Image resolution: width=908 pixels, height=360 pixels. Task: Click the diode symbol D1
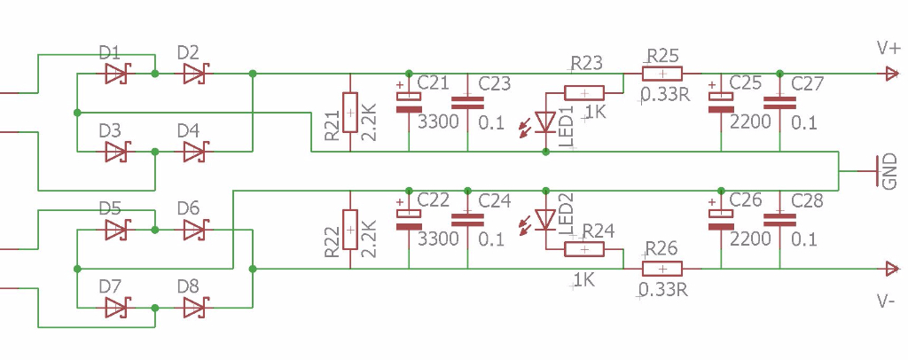pyautogui.click(x=116, y=75)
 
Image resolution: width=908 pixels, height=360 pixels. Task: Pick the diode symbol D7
pyautogui.click(x=116, y=308)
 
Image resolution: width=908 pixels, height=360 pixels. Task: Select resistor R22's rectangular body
pyautogui.click(x=350, y=230)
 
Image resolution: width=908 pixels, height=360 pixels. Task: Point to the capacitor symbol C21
pyautogui.click(x=408, y=102)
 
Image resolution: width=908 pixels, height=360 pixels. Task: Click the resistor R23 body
pyautogui.click(x=584, y=92)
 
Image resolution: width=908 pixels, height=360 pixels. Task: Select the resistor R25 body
pyautogui.click(x=662, y=74)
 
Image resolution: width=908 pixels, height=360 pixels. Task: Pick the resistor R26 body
pyautogui.click(x=662, y=269)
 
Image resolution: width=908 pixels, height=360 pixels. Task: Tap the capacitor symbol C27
pyautogui.click(x=780, y=102)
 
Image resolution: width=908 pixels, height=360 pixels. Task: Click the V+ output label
pyautogui.click(x=887, y=48)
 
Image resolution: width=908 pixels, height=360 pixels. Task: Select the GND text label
pyautogui.click(x=889, y=173)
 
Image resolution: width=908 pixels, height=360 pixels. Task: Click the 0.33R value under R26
pyautogui.click(x=663, y=289)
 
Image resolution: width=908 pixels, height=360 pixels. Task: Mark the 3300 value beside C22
pyautogui.click(x=438, y=239)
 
